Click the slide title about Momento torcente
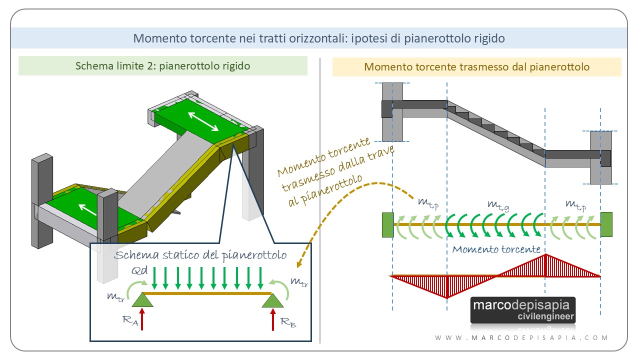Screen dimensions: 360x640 click(319, 38)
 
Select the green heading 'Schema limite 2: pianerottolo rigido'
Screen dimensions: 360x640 click(162, 65)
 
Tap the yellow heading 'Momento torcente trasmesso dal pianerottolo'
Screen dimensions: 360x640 click(476, 66)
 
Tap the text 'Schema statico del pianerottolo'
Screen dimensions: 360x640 click(200, 255)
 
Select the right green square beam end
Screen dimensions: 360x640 click(606, 224)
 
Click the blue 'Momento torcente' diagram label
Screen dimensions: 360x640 click(496, 249)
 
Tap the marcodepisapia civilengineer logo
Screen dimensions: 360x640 click(523, 310)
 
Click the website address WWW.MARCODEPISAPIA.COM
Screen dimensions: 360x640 click(521, 338)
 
